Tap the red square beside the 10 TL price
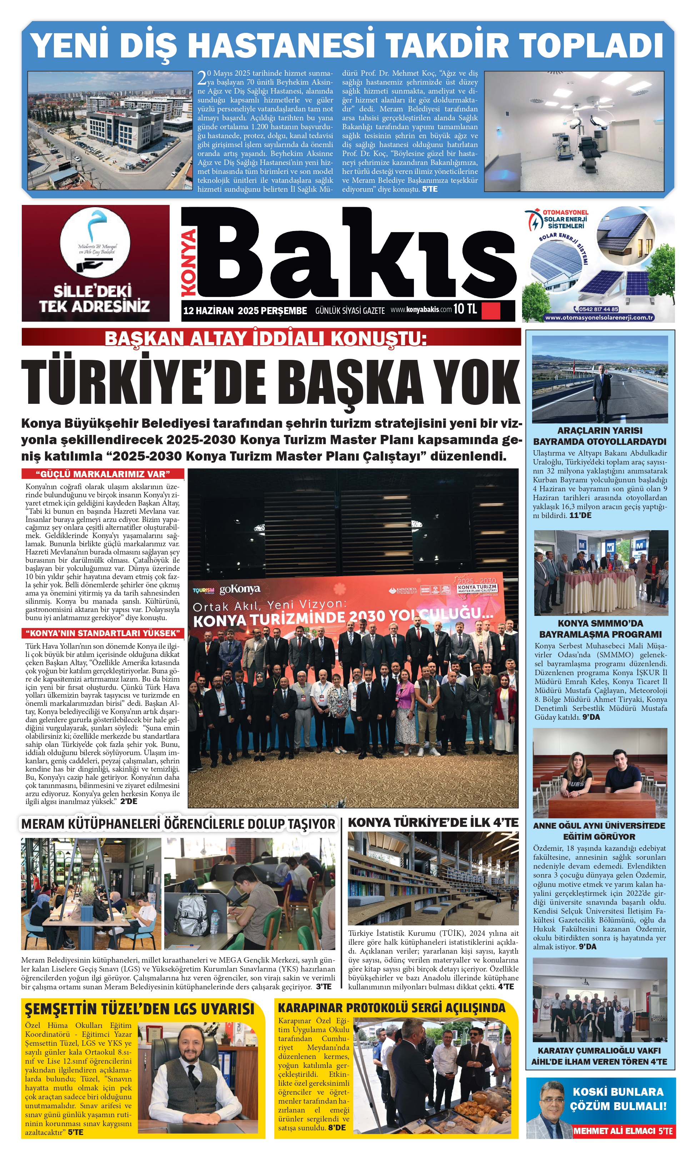pos(491,310)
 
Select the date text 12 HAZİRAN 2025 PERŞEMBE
pos(245,310)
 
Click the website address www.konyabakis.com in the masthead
pos(421,310)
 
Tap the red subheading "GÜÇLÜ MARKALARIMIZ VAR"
pos(103,474)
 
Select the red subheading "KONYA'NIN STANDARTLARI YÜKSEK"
pos(103,633)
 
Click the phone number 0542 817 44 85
pos(598,309)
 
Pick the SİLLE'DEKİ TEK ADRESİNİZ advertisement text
pos(94,299)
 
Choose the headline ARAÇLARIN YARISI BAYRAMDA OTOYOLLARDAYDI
pos(599,436)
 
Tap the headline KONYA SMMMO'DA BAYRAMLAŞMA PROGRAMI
pos(600,628)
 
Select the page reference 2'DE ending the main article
pos(129,801)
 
